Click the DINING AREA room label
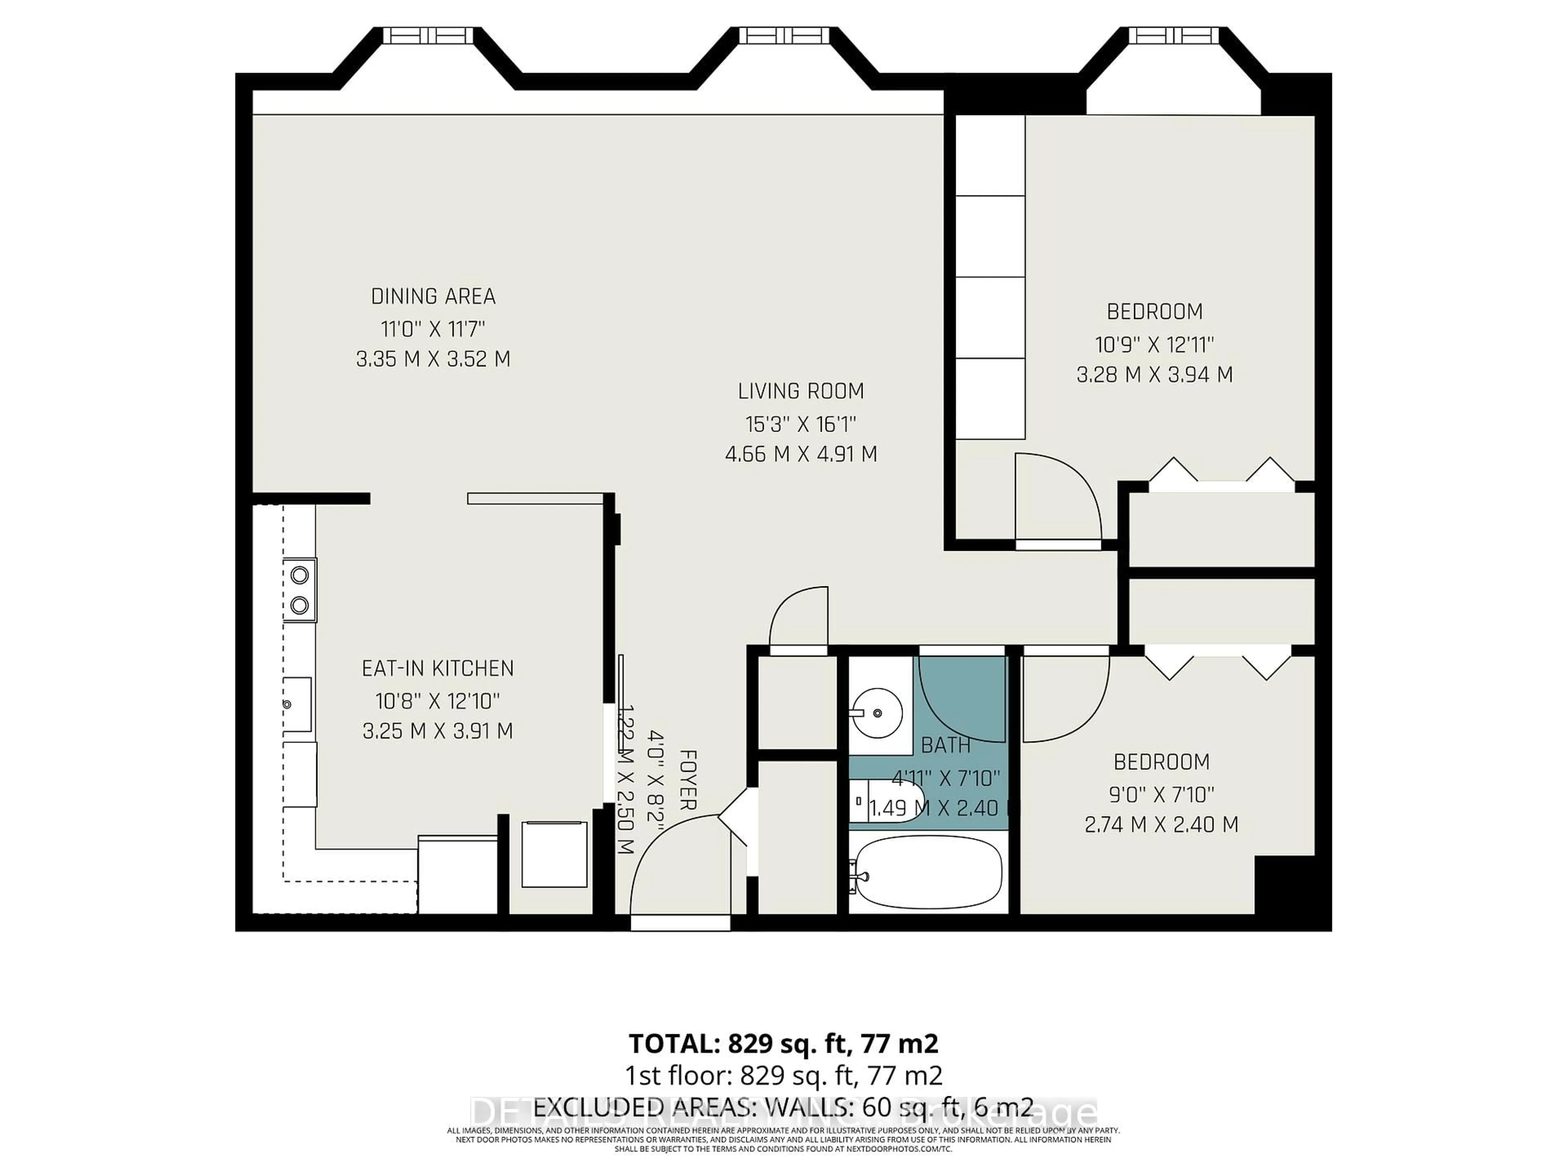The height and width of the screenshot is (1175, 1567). [433, 296]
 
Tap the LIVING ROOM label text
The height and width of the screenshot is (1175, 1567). [801, 391]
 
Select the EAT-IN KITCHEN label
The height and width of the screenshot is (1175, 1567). [437, 668]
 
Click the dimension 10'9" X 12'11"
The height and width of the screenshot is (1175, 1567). [1154, 345]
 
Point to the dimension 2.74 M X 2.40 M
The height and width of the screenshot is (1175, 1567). [1161, 825]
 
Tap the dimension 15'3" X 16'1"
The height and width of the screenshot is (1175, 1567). [801, 424]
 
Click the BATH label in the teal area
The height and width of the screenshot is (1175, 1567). [946, 745]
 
